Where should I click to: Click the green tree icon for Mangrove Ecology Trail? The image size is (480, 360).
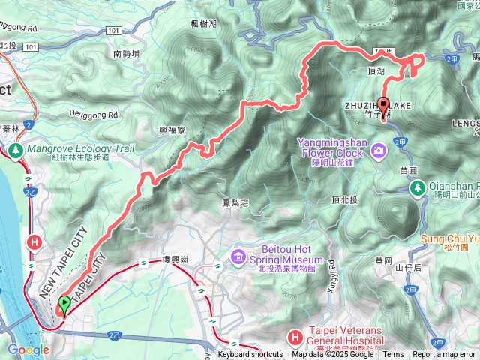tap(16, 152)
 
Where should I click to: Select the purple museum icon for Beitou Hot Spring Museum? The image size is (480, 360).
tap(239, 259)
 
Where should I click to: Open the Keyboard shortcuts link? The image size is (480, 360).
tap(250, 355)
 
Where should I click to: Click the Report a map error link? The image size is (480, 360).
tap(444, 355)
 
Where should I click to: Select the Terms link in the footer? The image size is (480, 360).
tap(393, 355)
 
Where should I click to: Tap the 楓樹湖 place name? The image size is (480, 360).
tap(202, 24)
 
